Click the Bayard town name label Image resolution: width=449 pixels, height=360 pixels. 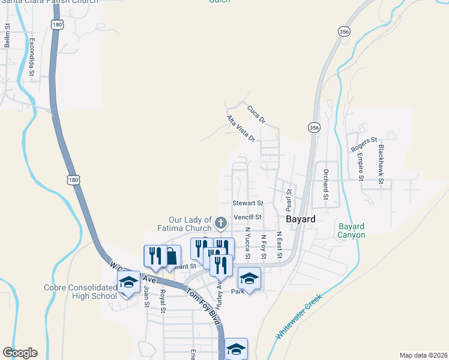300,220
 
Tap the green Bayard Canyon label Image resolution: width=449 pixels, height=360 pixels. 351,230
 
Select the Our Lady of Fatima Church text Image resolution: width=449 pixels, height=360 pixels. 190,224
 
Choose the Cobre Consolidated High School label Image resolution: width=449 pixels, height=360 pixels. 80,292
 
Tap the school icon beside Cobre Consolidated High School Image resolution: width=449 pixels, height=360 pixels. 128,281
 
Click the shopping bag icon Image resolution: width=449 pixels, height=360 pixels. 171,257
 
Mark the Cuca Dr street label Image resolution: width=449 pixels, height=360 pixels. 256,114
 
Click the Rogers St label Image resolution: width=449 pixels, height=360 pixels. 364,144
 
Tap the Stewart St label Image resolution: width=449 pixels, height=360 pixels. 248,203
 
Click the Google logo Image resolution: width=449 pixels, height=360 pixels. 20,353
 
